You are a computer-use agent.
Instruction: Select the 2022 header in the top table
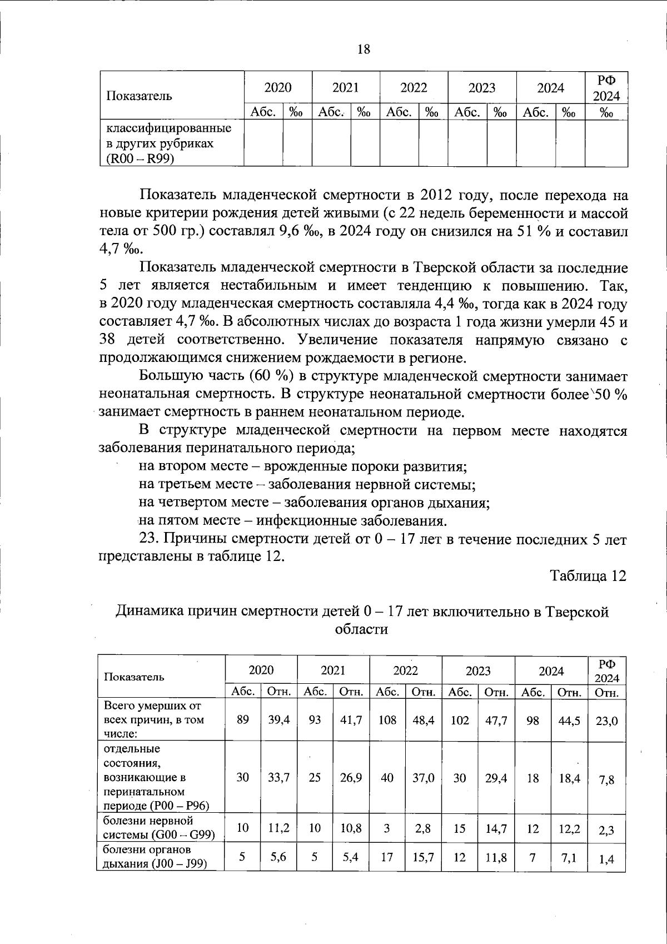(x=414, y=88)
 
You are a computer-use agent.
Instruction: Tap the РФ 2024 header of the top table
(x=606, y=88)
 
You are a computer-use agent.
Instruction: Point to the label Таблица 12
(x=588, y=576)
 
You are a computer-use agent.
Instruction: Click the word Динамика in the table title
(x=149, y=612)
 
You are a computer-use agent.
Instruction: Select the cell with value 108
(x=387, y=720)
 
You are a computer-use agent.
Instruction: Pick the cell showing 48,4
(x=424, y=720)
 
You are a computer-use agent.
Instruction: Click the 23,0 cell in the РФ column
(x=606, y=721)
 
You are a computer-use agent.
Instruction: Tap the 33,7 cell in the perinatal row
(x=278, y=778)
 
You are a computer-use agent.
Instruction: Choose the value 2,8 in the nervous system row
(x=424, y=828)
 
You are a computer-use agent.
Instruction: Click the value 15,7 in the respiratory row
(x=424, y=858)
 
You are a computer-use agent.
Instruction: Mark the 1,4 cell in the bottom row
(x=606, y=859)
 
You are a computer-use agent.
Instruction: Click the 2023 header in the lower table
(x=478, y=670)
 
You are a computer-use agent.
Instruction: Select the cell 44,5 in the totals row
(x=570, y=720)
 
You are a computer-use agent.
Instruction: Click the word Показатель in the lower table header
(x=134, y=677)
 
